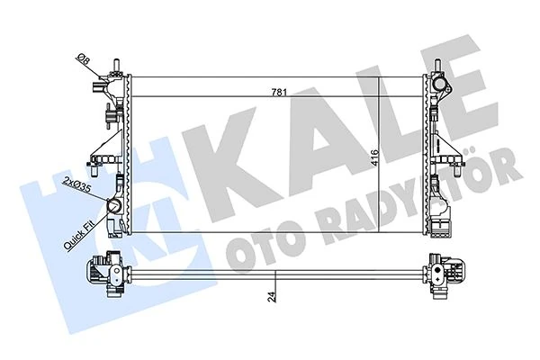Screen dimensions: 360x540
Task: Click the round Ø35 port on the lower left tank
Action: pyautogui.click(x=115, y=206)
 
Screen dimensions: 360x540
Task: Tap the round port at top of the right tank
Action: pyautogui.click(x=439, y=85)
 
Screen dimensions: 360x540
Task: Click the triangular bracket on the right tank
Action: pyautogui.click(x=443, y=144)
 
